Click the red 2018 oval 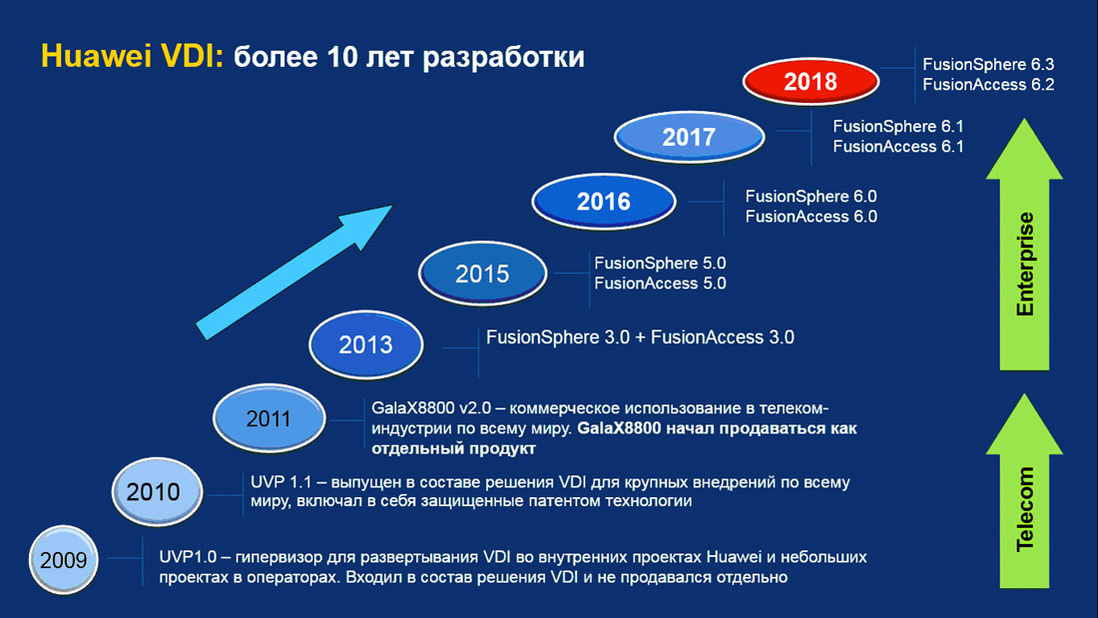click(x=811, y=81)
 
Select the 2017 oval click(x=689, y=137)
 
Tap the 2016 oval click(x=604, y=202)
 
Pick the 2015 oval click(x=482, y=274)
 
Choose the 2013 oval click(x=365, y=344)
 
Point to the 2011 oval click(x=269, y=418)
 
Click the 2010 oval click(x=157, y=492)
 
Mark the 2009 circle click(x=64, y=560)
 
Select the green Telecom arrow click(x=1024, y=490)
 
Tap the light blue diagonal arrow click(x=294, y=272)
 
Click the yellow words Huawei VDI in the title click(x=132, y=56)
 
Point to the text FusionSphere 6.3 click(x=988, y=65)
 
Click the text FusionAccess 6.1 click(x=898, y=147)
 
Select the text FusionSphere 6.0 click(x=811, y=197)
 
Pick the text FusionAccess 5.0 click(x=661, y=284)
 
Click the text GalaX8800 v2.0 click(x=430, y=407)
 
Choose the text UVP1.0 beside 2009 click(x=188, y=557)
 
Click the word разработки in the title click(x=503, y=58)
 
